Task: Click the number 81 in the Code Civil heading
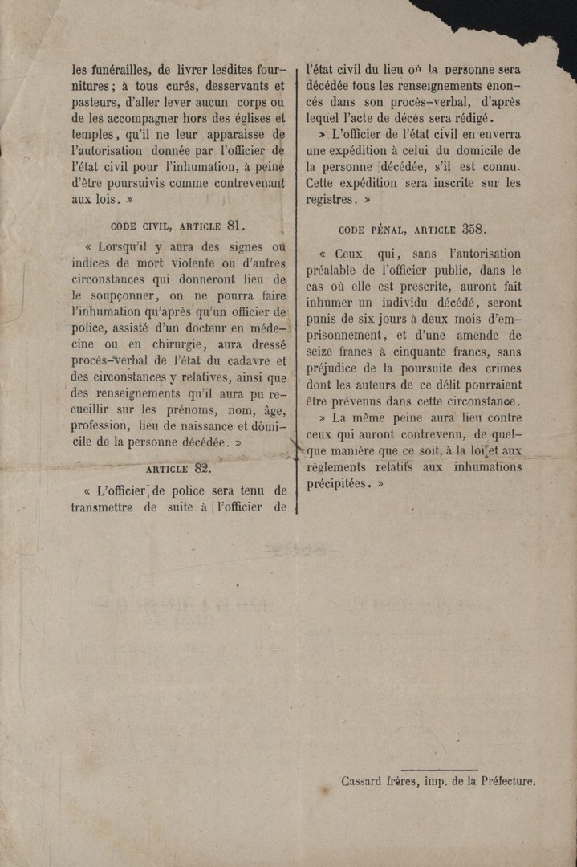tap(234, 226)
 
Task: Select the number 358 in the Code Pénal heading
tap(471, 229)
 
